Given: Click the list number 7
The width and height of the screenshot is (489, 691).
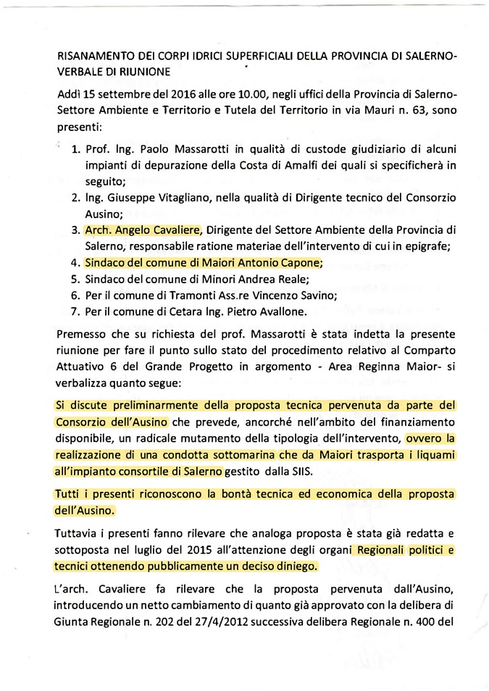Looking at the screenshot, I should (x=75, y=312).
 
